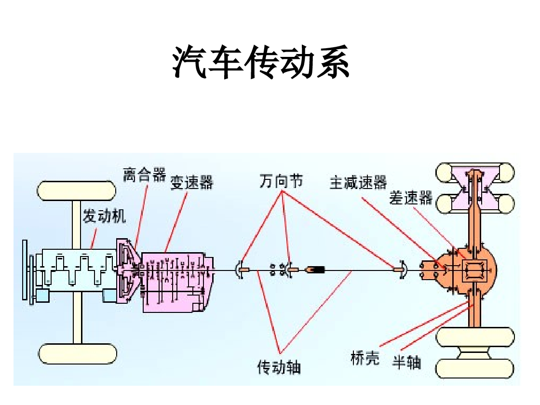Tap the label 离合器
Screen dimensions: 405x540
coord(144,175)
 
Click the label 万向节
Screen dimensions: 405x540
coord(281,181)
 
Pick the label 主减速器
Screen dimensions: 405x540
coord(358,183)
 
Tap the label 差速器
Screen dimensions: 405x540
coord(411,198)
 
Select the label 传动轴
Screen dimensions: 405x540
coord(279,367)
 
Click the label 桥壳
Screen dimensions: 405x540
coord(364,358)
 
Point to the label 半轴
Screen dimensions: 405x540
coord(406,362)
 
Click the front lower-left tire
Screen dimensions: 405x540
coord(78,354)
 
